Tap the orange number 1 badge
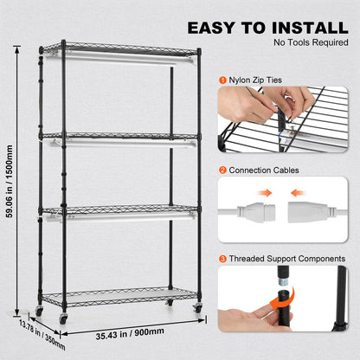(x=222, y=80)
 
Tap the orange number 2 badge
(x=222, y=170)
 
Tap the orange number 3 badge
(x=222, y=258)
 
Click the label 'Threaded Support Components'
(x=286, y=258)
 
